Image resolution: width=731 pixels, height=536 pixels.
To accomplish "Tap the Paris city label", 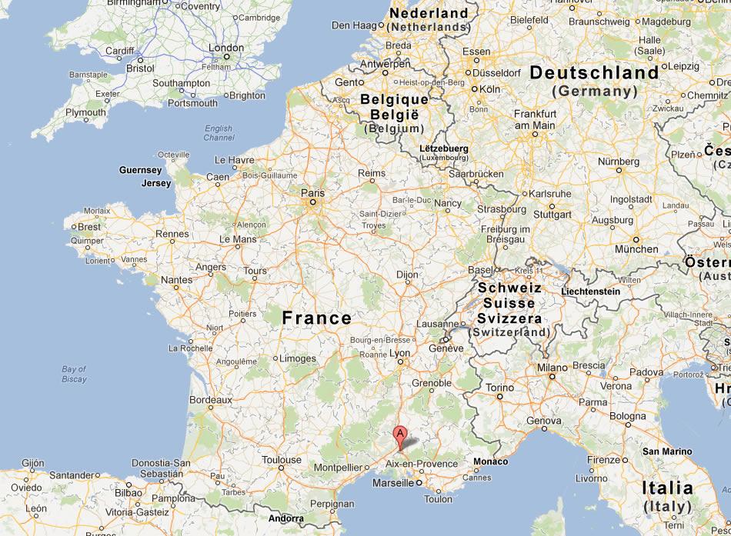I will click(x=312, y=193).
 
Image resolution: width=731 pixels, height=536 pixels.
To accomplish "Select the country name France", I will click(x=316, y=318).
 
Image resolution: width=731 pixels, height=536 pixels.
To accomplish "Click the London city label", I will click(x=226, y=48).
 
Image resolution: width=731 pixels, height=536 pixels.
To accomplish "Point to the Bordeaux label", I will click(x=211, y=400).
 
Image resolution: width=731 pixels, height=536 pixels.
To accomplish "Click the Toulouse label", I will click(x=282, y=460).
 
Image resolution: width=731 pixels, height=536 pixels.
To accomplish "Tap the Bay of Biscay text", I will click(x=75, y=375).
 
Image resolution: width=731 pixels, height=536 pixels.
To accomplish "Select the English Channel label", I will click(x=219, y=133).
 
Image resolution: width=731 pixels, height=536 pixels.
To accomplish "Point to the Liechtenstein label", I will click(x=590, y=291).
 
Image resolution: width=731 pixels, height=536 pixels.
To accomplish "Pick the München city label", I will click(x=636, y=249).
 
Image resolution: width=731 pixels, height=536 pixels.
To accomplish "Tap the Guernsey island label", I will click(x=140, y=170).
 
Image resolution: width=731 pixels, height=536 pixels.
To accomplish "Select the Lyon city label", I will click(x=400, y=353).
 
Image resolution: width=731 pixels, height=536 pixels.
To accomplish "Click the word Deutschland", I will click(x=594, y=73).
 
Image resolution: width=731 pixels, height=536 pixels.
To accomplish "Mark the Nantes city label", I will click(x=176, y=280).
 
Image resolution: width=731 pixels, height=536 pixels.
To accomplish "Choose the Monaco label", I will click(x=491, y=461).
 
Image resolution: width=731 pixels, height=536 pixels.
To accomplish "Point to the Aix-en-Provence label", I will click(x=421, y=464).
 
